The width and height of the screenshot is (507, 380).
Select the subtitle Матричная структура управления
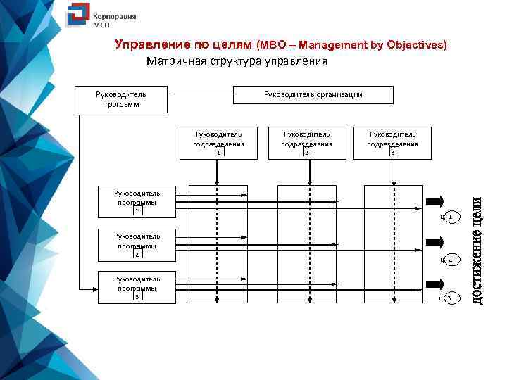[x=237, y=61]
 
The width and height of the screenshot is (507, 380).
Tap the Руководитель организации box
[x=313, y=95]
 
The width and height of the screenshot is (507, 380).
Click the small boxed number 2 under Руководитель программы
[x=138, y=255]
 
